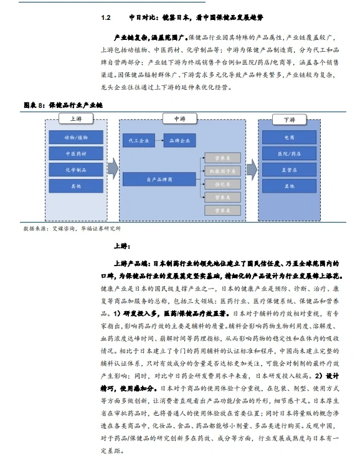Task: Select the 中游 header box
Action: point(179,118)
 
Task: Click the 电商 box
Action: point(289,137)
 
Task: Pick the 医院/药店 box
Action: point(289,153)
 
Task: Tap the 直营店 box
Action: point(289,169)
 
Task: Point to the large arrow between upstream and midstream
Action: point(113,168)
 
